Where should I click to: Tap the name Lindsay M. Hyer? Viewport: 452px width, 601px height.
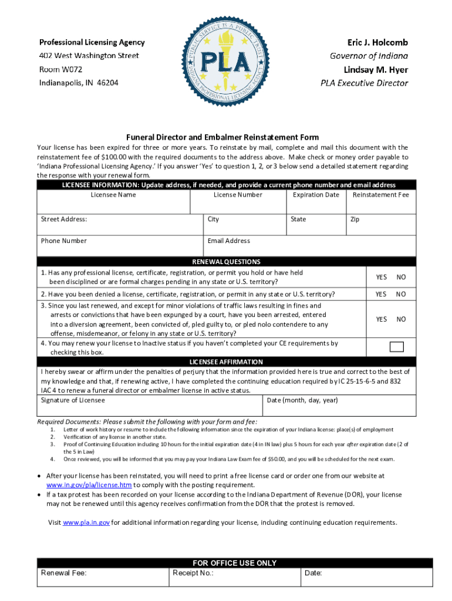pos(376,69)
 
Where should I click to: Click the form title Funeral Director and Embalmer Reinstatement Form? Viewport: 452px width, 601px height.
pos(226,137)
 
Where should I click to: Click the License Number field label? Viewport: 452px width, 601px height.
pos(238,195)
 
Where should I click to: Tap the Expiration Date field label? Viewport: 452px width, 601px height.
pos(316,195)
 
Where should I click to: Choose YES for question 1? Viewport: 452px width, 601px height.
pos(382,277)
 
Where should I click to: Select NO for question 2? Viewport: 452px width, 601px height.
pos(401,294)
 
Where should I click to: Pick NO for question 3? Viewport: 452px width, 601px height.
pos(401,319)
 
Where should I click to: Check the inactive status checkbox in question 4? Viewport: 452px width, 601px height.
pos(397,346)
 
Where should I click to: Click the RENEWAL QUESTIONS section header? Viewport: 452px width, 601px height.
pos(226,262)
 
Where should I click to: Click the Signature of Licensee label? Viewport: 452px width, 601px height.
pos(73,400)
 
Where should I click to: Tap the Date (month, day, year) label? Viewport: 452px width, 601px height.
pos(302,400)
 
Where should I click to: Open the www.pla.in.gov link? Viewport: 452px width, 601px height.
pos(86,522)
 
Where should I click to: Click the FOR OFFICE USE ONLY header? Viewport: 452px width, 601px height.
pos(234,563)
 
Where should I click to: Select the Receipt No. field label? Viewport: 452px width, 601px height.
pos(193,573)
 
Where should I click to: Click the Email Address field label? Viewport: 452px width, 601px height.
pos(228,241)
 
